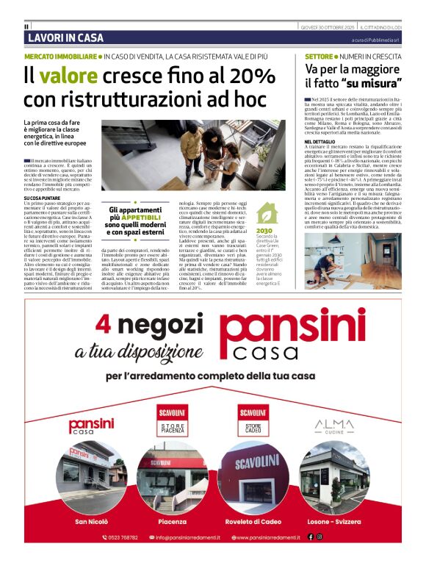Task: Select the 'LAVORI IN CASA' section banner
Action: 65,37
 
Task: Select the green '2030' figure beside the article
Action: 265,231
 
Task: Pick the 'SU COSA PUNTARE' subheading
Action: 43,198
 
